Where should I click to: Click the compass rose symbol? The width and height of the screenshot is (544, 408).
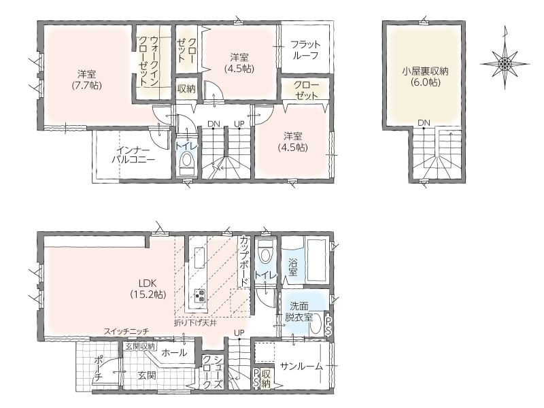tap(505, 63)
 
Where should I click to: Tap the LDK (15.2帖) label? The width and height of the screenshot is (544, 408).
tap(148, 289)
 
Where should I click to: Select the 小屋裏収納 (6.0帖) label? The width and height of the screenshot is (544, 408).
tap(426, 77)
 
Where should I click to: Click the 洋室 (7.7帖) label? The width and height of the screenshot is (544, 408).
tap(87, 80)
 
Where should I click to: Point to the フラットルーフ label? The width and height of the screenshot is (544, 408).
tap(305, 50)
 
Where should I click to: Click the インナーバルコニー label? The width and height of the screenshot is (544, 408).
tap(133, 155)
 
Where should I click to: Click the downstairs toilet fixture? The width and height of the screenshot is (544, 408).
tap(266, 254)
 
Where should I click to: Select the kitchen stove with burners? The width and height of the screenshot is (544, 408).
tap(200, 296)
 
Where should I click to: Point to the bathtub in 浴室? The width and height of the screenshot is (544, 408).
tap(316, 260)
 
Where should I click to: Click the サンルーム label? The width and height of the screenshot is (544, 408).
tap(301, 366)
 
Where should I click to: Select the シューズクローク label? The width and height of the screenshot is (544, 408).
tap(212, 371)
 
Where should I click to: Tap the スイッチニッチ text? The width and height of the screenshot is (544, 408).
tap(126, 332)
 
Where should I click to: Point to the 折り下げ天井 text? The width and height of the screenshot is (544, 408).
tap(195, 324)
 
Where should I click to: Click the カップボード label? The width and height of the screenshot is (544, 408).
tap(244, 260)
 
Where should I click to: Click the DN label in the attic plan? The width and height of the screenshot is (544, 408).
tap(424, 122)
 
